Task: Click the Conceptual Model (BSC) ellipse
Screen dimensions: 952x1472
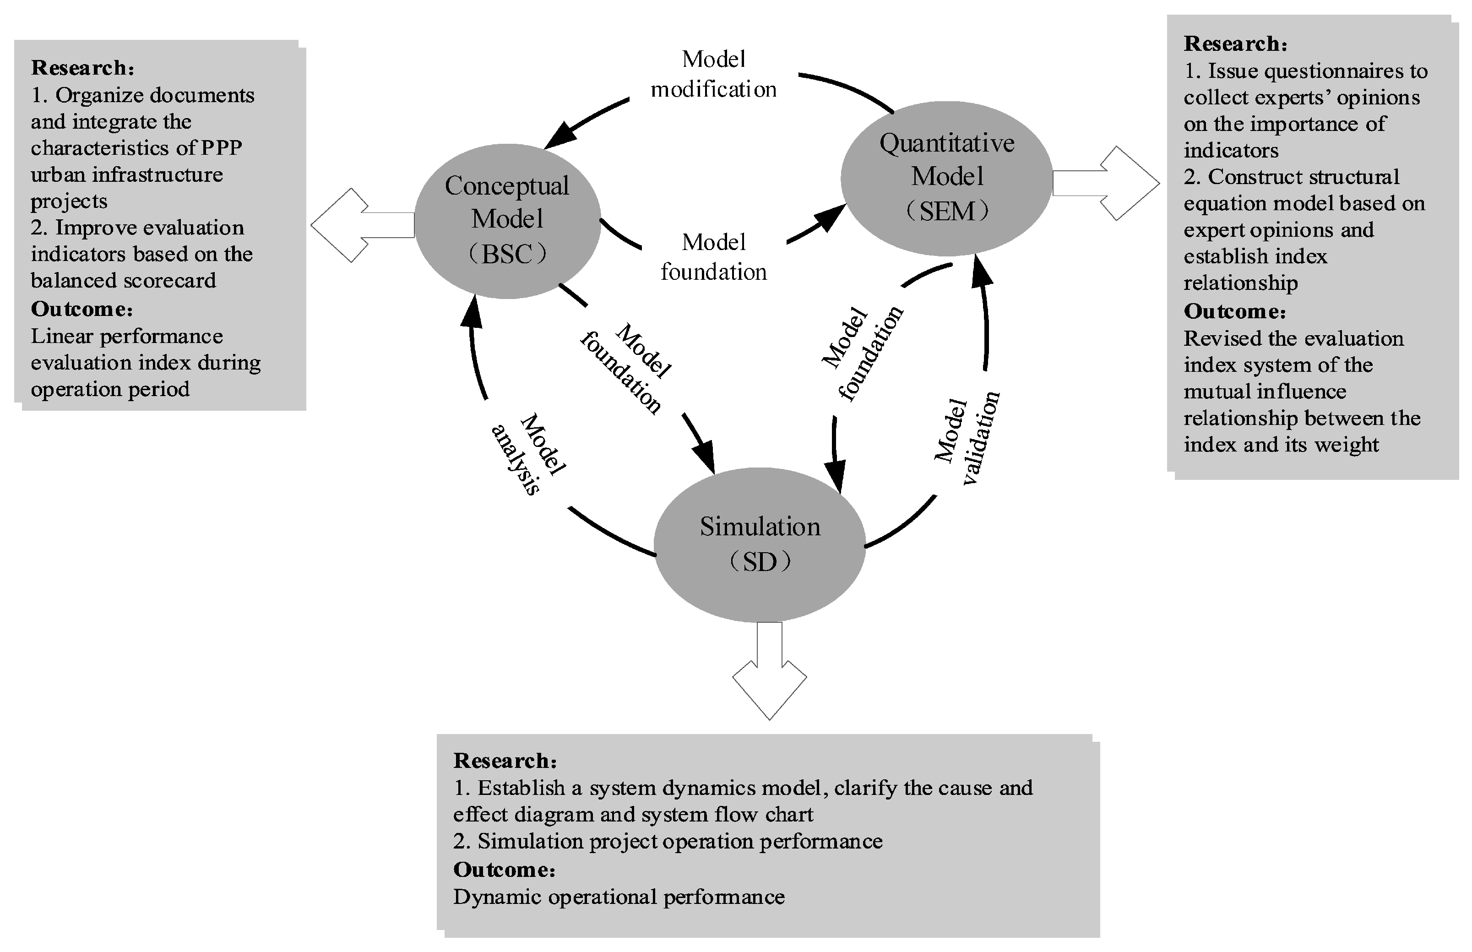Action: click(507, 221)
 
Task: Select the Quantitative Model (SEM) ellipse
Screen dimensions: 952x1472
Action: click(946, 178)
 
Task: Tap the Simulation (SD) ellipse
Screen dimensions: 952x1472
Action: click(760, 544)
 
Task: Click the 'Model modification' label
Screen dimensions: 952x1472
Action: click(714, 74)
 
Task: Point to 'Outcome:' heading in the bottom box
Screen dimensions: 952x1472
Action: click(504, 869)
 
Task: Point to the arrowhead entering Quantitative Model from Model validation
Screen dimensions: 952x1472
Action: click(980, 271)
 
